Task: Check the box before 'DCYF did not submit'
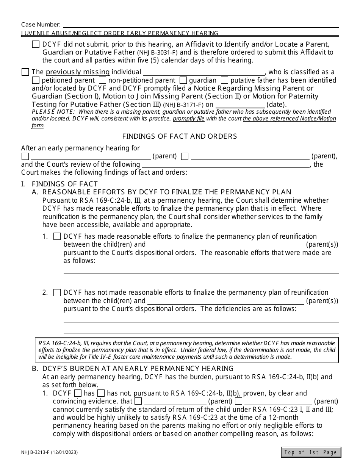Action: (36, 44)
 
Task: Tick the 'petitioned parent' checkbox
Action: (36, 80)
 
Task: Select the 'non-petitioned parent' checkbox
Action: (102, 80)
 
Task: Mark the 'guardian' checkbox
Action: (183, 80)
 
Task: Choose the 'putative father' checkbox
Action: (224, 80)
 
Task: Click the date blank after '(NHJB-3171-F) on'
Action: (240, 105)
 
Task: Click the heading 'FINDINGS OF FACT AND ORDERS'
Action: (180, 136)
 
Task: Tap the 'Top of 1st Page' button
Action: (311, 452)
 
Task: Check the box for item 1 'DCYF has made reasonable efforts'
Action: (57, 236)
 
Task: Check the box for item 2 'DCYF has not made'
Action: (57, 292)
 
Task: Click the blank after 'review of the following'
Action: (225, 165)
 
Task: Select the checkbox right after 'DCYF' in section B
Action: (78, 393)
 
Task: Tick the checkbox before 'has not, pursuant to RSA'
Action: (101, 393)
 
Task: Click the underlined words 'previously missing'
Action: (78, 72)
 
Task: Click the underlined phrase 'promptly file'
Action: (188, 119)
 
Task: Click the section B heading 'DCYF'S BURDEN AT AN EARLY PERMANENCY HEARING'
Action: (138, 369)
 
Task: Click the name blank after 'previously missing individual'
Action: (204, 72)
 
